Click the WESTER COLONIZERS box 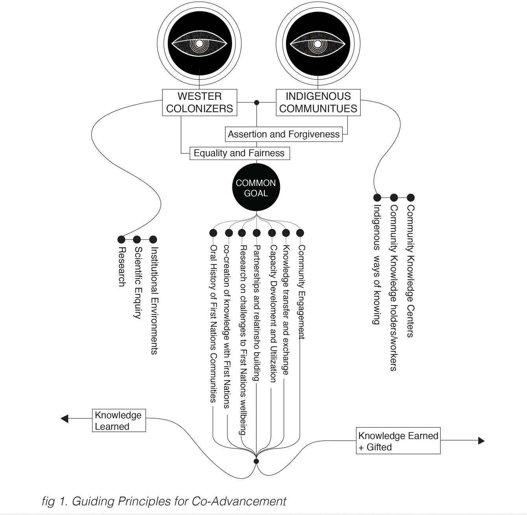199,102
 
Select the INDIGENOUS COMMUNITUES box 318,102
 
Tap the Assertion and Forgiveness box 284,134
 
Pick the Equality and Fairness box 239,153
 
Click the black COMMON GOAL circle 256,188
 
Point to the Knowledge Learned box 119,420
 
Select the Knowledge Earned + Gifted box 398,441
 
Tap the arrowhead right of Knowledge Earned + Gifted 481,441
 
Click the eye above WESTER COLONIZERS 199,43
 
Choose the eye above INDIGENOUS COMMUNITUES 318,43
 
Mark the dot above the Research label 122,239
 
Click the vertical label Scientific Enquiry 138,282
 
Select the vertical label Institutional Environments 154,300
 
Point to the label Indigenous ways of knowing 377,264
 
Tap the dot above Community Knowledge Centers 411,197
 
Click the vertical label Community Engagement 302,292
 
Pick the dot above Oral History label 213,233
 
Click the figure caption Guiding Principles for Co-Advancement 164,501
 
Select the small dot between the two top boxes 257,103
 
